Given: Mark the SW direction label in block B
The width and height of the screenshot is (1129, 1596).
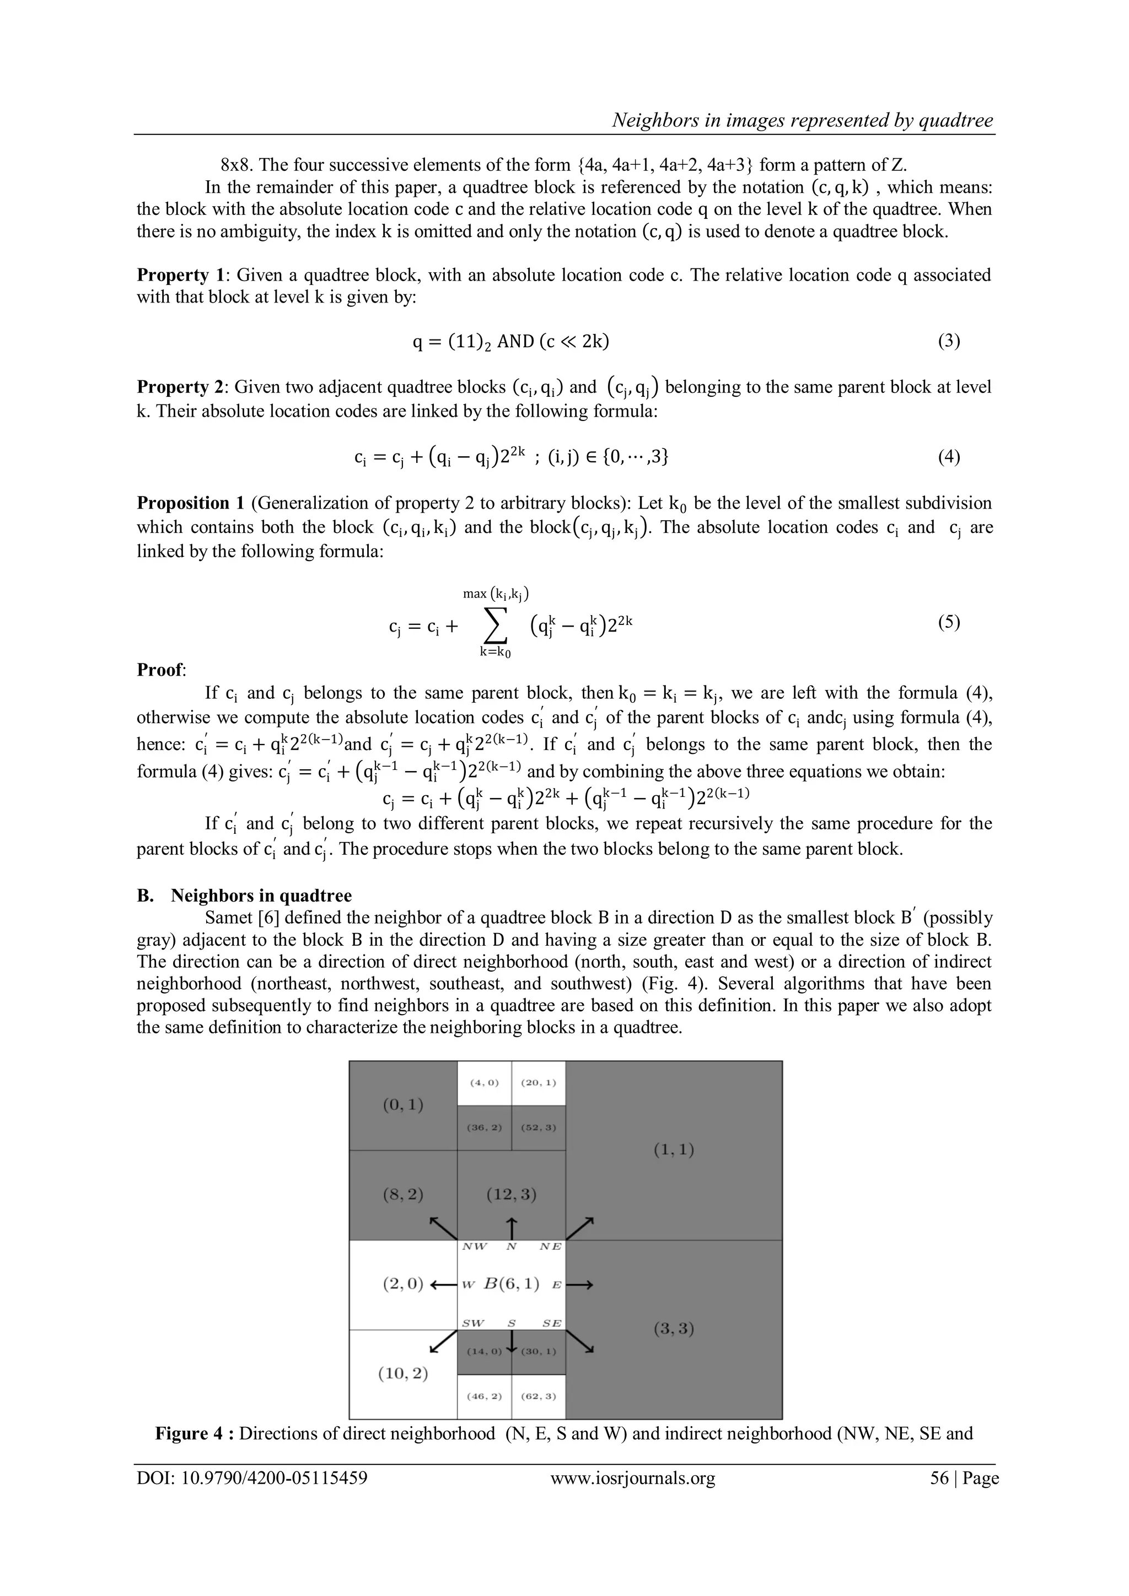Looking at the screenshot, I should click(x=473, y=1323).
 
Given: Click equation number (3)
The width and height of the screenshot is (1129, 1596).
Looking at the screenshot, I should click(x=948, y=341).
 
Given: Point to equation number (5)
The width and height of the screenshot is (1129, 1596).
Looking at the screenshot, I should click(x=948, y=622).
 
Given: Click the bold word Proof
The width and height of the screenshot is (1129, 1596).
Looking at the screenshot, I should click(x=160, y=670).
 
